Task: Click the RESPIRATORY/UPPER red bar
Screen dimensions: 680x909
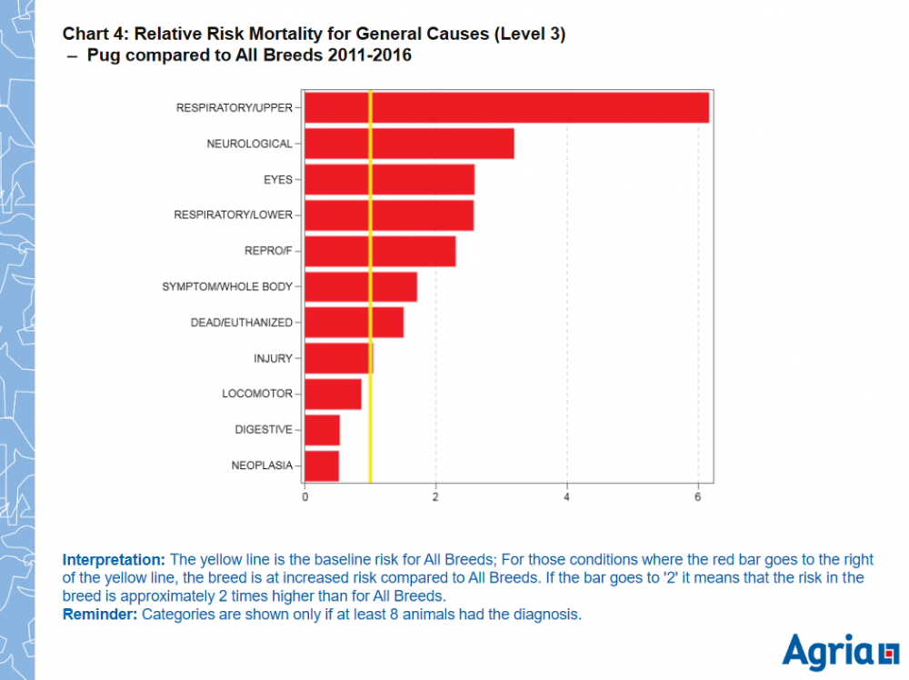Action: [x=506, y=107]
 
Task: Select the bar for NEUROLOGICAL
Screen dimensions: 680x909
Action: [x=409, y=144]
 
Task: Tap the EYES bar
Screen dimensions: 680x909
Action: [x=389, y=179]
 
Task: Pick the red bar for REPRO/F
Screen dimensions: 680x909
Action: [x=380, y=251]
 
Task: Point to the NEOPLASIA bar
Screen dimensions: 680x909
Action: [x=322, y=465]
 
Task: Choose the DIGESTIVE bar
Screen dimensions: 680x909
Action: [x=322, y=429]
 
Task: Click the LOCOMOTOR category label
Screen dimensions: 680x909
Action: [x=257, y=394]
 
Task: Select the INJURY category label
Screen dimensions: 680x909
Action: [x=273, y=358]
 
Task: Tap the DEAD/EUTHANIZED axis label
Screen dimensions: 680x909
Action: [x=241, y=323]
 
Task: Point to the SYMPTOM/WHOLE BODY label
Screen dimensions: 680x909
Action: [x=227, y=286]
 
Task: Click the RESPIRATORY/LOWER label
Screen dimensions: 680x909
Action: [x=233, y=215]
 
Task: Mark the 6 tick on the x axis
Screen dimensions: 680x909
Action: [x=698, y=497]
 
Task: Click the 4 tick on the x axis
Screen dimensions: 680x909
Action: [x=567, y=497]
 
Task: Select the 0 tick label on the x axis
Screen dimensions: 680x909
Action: [x=305, y=497]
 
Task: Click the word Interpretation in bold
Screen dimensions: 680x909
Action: [x=114, y=559]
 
